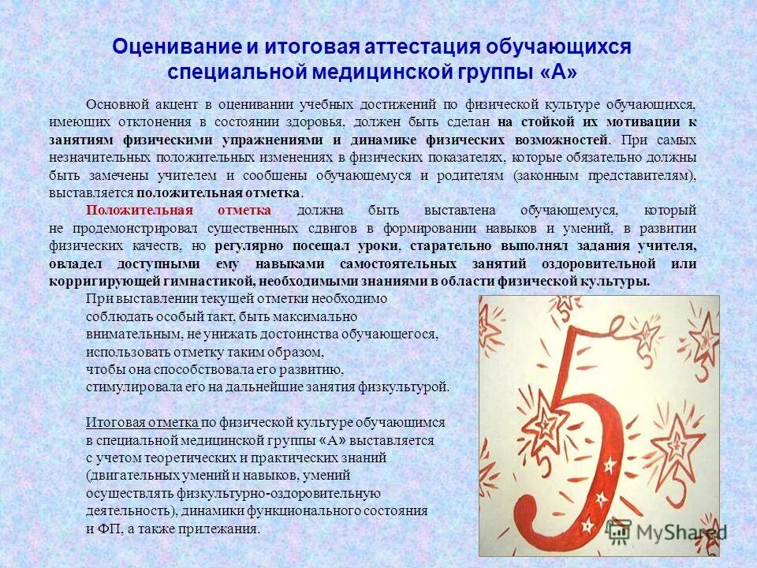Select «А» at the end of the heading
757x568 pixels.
(558, 72)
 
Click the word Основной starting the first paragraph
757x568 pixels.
(115, 105)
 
